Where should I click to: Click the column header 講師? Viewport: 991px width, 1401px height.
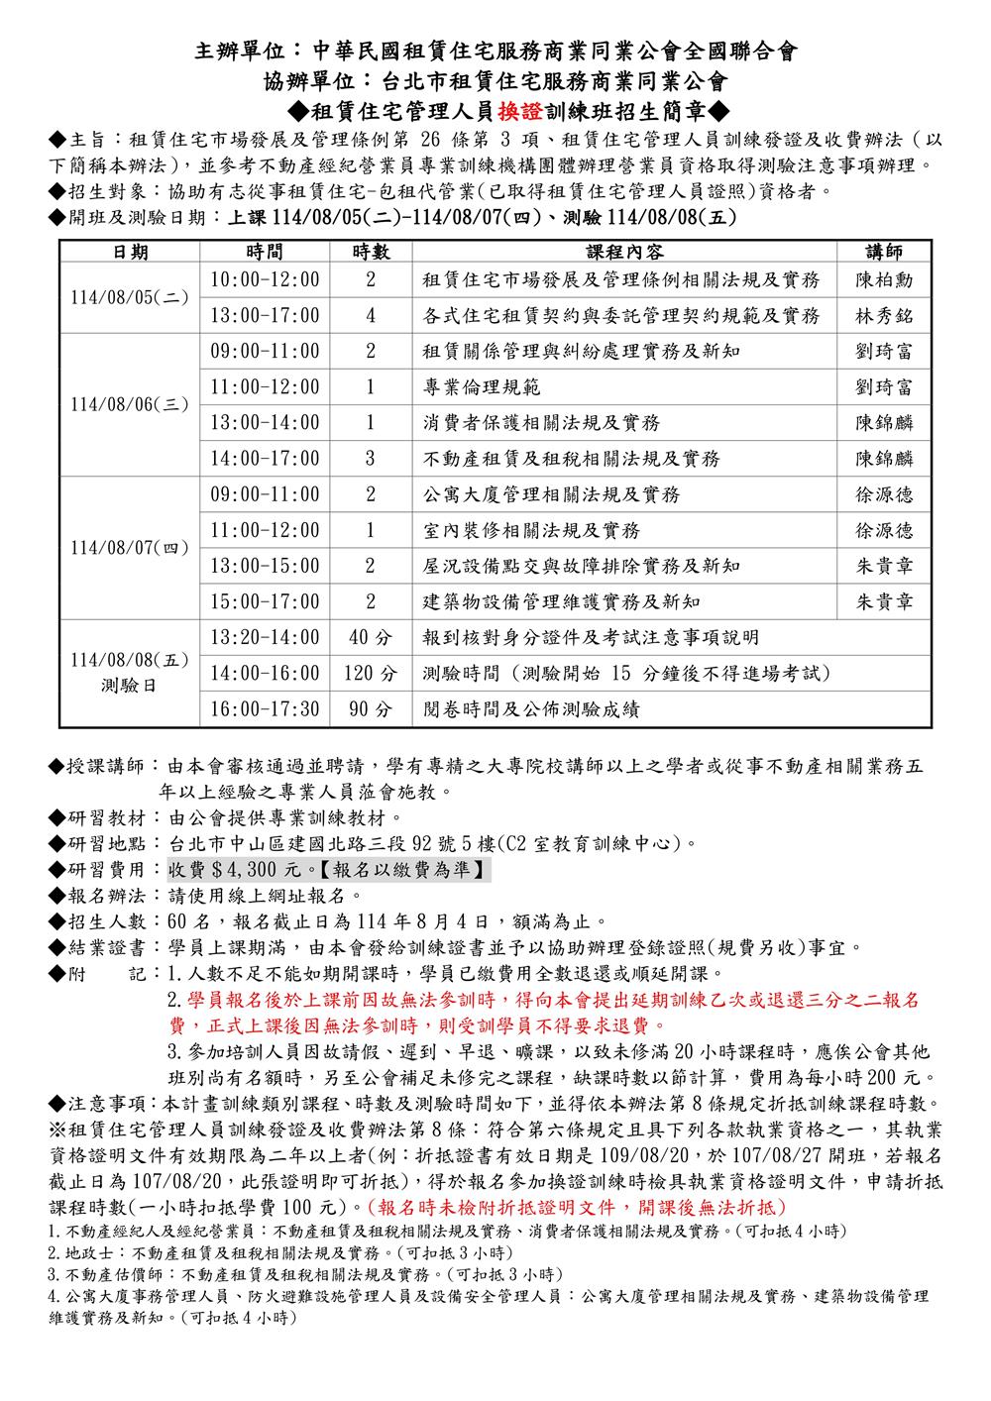tap(883, 252)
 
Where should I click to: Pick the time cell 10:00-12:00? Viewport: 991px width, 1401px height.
tap(265, 280)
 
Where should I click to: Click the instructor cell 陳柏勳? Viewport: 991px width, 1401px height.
tap(883, 280)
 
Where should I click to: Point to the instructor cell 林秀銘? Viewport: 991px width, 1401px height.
tap(883, 316)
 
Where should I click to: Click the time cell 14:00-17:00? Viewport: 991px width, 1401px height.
tap(265, 459)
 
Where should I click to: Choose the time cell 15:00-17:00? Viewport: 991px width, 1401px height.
tap(265, 601)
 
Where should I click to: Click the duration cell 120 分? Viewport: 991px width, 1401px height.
tap(370, 674)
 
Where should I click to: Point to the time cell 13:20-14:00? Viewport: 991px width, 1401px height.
tap(265, 637)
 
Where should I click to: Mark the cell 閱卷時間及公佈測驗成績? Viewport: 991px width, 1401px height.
tap(531, 709)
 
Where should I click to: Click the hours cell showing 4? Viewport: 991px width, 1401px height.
tap(370, 316)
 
